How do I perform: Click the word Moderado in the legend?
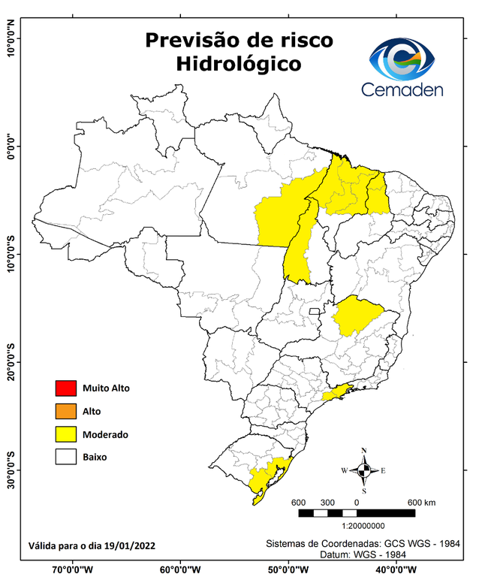(105, 434)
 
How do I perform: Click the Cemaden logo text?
(402, 89)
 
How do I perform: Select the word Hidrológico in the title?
(239, 64)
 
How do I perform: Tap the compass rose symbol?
(363, 470)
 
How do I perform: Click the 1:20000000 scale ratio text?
(363, 527)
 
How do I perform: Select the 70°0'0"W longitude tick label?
(73, 569)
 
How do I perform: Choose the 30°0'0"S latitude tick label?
(11, 470)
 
